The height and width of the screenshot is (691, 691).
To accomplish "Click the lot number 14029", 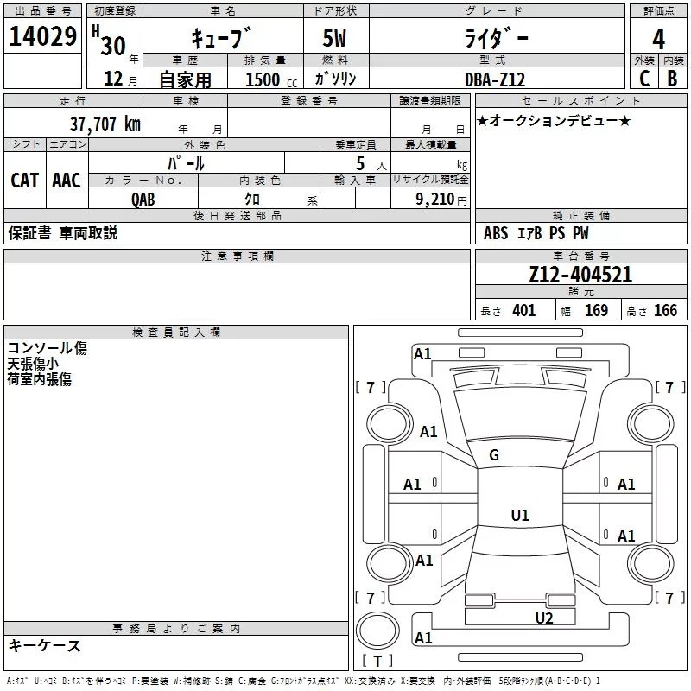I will point(42,37).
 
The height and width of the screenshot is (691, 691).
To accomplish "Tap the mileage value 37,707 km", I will point(105,124).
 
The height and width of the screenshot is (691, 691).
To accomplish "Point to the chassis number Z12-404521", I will point(580,275).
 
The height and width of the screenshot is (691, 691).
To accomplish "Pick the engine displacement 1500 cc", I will point(267,79).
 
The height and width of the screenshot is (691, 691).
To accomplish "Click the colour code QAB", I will point(143,198).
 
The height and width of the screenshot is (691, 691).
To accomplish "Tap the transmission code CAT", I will point(24,180).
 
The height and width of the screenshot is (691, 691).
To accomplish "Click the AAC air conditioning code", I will point(67,180).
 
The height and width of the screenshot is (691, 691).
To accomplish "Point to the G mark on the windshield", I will point(494,454).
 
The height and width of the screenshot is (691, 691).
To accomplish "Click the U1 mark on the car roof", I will point(519,516).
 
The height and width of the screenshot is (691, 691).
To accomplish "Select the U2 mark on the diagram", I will point(543,617).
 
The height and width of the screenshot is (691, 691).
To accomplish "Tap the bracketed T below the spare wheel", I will point(377,662).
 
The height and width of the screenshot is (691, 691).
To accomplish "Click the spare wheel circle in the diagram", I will point(377,630).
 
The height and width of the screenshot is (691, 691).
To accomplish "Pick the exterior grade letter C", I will point(643,79).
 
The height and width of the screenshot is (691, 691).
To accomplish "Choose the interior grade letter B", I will point(673,79).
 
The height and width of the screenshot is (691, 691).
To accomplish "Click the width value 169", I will point(596,311).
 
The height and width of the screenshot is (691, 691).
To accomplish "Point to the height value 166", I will point(665,311).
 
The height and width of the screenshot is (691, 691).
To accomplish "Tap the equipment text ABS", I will point(496,233).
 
